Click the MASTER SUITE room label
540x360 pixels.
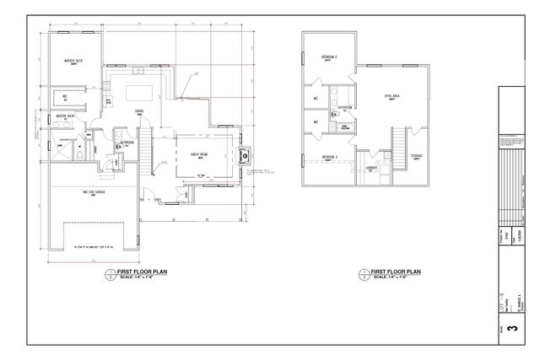point(74,62)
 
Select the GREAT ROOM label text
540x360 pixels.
point(200,155)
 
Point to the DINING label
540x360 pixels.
point(139,111)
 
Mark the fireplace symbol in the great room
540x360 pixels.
point(246,154)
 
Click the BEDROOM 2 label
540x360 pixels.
point(329,56)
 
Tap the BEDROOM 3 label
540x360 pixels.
point(329,158)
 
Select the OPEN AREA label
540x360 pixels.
point(391,96)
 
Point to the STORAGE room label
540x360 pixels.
point(417,156)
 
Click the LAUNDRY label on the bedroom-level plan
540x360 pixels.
point(372,168)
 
